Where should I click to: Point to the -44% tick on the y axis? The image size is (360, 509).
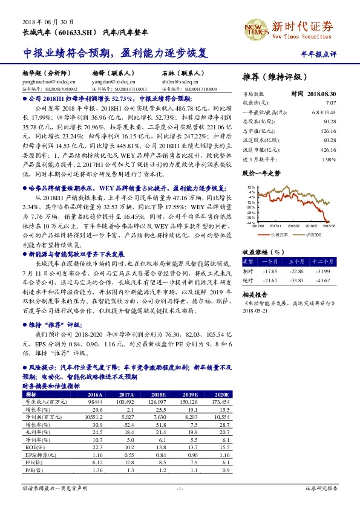[x=250, y=222]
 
